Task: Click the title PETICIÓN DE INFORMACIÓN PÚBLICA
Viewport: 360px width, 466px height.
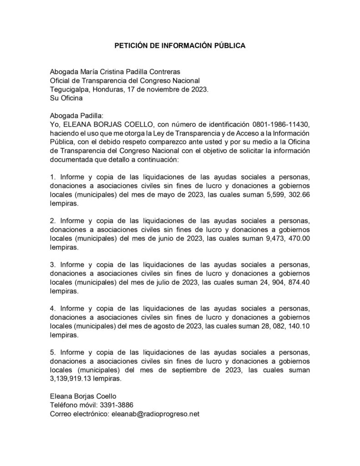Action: (179, 46)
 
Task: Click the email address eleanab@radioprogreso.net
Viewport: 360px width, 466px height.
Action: (156, 414)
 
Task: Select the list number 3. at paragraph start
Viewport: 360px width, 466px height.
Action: (53, 264)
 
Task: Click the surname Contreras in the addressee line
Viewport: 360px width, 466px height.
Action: (160, 71)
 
